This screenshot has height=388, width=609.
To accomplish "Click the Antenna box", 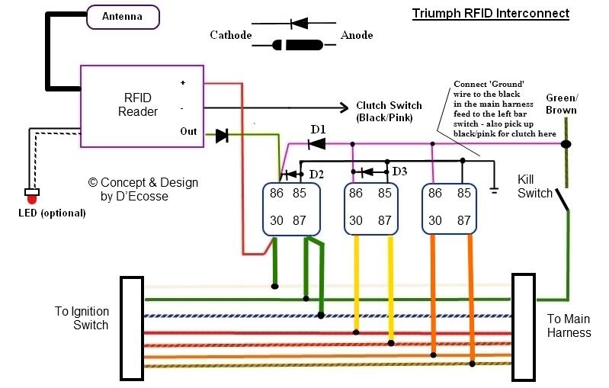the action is pyautogui.click(x=123, y=17).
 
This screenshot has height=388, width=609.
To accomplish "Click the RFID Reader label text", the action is pyautogui.click(x=137, y=104).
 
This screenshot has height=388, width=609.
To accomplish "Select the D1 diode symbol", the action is pyautogui.click(x=316, y=144).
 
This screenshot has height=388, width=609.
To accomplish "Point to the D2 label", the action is pyautogui.click(x=316, y=175).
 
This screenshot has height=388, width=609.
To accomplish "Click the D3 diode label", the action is pyautogui.click(x=399, y=171).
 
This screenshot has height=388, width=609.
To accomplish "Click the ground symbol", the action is pyautogui.click(x=494, y=191).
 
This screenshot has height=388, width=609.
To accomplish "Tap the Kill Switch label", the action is pyautogui.click(x=534, y=186).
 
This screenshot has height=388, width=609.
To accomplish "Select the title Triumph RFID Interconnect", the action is pyautogui.click(x=491, y=13).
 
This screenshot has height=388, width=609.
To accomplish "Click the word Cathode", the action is pyautogui.click(x=231, y=35).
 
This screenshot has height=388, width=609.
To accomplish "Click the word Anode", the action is pyautogui.click(x=357, y=35).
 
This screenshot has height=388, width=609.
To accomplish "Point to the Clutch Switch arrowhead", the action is pyautogui.click(x=344, y=107).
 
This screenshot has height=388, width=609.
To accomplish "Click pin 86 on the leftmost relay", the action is pyautogui.click(x=277, y=193).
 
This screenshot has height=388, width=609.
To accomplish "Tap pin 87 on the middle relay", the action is pyautogui.click(x=384, y=220).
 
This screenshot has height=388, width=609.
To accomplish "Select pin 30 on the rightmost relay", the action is pyautogui.click(x=435, y=220).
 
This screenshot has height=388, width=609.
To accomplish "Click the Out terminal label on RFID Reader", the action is pyautogui.click(x=188, y=131).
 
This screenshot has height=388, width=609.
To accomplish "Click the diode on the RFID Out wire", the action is pyautogui.click(x=222, y=136).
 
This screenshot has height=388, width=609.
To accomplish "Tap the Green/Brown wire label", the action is pyautogui.click(x=561, y=104).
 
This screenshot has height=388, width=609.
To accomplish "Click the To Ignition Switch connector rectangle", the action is pyautogui.click(x=132, y=329).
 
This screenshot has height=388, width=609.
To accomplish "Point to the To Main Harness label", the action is pyautogui.click(x=569, y=325).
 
